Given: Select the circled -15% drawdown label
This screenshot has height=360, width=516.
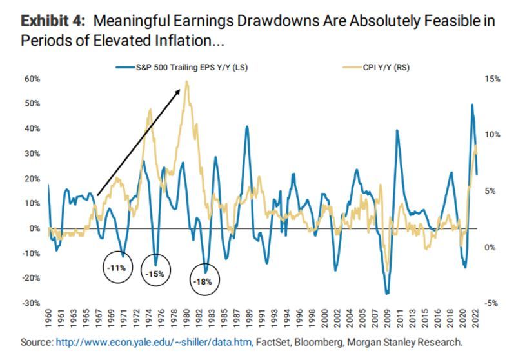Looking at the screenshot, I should click(155, 272).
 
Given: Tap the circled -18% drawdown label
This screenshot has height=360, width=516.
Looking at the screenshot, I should click(204, 281).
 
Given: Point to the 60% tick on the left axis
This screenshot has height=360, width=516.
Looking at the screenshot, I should click(32, 79).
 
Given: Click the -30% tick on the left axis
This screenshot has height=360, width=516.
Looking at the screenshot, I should click(32, 303).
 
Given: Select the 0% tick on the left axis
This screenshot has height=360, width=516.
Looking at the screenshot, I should click(35, 228).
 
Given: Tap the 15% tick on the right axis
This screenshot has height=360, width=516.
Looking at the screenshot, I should click(491, 79).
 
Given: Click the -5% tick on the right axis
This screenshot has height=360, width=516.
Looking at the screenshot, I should click(491, 303).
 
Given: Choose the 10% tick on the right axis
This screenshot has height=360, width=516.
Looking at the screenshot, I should click(491, 135).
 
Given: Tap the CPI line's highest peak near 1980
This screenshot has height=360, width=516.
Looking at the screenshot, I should click(187, 82).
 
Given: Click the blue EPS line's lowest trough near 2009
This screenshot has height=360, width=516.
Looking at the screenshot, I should click(387, 294).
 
